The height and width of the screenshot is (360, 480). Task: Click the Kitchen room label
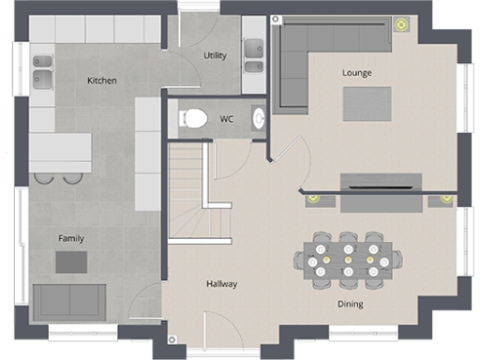(101, 81)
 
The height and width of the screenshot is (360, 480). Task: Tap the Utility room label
(215, 55)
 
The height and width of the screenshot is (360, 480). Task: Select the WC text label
(227, 119)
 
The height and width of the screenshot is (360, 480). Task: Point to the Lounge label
(356, 72)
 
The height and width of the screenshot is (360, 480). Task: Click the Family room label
(71, 238)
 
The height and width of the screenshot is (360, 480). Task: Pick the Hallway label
(222, 284)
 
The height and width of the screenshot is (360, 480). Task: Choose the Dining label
(351, 304)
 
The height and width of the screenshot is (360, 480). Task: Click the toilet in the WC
(194, 118)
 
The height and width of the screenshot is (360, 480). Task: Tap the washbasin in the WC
(259, 118)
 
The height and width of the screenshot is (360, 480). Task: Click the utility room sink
(253, 55)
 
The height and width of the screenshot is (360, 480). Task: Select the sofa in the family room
(69, 301)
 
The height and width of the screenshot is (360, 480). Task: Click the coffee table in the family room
(71, 262)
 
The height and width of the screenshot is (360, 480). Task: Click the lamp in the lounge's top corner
(400, 25)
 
